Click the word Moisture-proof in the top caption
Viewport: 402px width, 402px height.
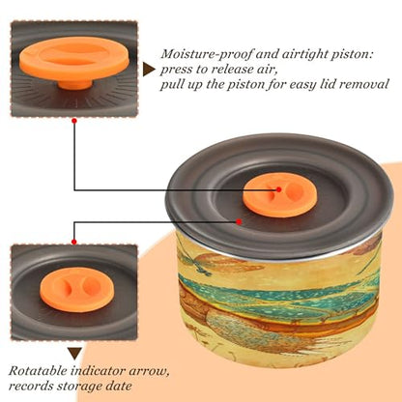207,54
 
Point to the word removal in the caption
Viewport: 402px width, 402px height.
364,84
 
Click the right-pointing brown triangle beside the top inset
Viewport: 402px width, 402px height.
149,70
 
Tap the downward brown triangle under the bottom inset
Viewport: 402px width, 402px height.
75,354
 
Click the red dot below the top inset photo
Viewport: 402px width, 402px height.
74,121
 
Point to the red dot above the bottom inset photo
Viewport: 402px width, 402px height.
74,242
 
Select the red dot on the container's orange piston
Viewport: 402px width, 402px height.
279,189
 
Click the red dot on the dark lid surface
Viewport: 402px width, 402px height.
239,221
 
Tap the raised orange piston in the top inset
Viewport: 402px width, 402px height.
74,58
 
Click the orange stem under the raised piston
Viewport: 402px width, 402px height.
74,84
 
